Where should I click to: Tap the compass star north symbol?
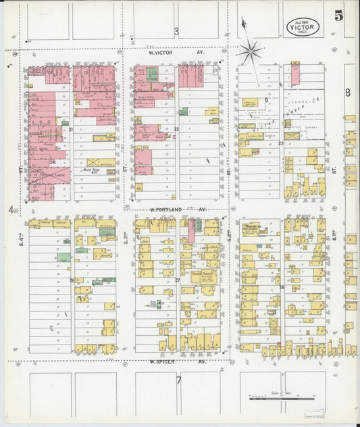tap(250, 50)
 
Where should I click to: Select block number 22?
tap(176, 128)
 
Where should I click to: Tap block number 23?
tap(280, 143)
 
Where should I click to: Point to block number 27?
tap(178, 280)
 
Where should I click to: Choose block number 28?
tap(72, 280)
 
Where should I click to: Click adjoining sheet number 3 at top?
tap(176, 31)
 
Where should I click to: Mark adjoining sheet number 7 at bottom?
tap(178, 379)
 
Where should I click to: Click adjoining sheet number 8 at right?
tap(347, 93)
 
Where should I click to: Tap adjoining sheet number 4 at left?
tap(11, 209)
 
